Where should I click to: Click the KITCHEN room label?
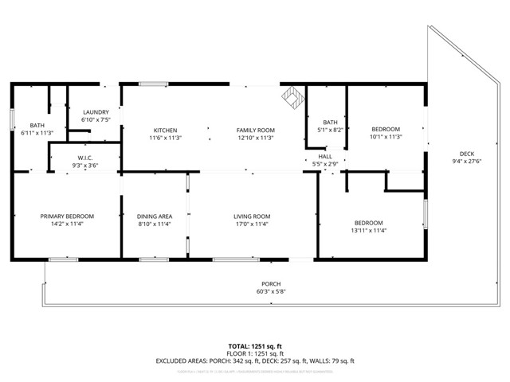click(x=166, y=131)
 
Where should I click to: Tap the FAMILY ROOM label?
click(x=255, y=131)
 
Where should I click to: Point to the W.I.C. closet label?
click(x=86, y=158)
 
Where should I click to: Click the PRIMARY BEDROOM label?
click(x=68, y=216)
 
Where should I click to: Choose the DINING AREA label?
click(x=155, y=216)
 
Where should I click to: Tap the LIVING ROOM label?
click(x=252, y=216)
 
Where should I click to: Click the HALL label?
click(x=325, y=157)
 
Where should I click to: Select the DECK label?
click(x=467, y=154)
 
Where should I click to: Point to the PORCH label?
click(x=271, y=284)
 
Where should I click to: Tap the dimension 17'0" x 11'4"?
click(x=252, y=224)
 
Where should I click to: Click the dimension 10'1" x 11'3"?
click(x=386, y=136)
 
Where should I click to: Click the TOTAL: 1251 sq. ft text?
click(x=256, y=346)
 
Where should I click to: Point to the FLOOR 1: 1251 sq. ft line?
click(x=256, y=353)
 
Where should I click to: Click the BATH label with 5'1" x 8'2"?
click(x=331, y=122)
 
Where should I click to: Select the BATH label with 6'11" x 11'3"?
click(x=37, y=125)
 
